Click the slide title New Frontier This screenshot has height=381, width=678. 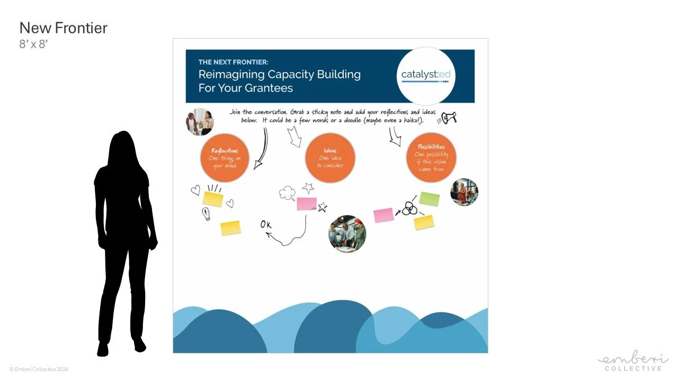click(63, 28)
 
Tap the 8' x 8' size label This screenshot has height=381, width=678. click(33, 44)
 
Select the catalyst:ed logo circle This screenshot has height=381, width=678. click(425, 75)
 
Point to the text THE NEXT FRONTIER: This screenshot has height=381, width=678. click(234, 62)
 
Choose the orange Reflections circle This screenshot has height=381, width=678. click(225, 158)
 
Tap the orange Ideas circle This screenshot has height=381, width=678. click(330, 158)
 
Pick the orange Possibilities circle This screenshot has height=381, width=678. click(431, 158)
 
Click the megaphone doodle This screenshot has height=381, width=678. click(449, 118)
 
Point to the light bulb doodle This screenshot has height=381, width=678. click(206, 214)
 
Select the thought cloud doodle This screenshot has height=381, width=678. click(287, 194)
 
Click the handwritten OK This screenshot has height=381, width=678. click(266, 225)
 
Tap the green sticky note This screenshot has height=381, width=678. click(429, 199)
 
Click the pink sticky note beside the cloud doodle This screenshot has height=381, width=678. click(307, 204)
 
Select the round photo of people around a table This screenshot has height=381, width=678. click(347, 233)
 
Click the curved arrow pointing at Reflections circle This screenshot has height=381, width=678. click(262, 149)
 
